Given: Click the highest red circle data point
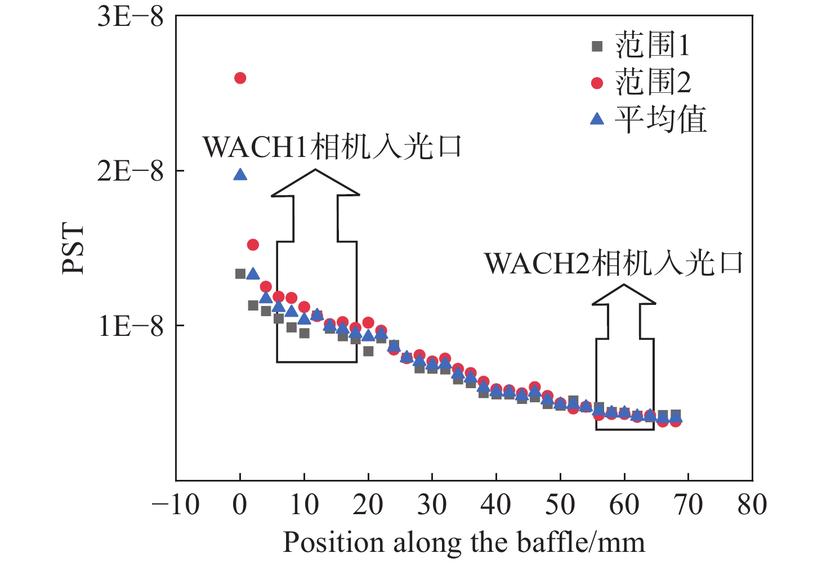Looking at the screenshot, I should (240, 78).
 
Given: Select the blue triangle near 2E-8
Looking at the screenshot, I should (240, 175).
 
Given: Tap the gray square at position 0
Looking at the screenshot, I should (240, 273).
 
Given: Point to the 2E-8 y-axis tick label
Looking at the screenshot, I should (131, 170).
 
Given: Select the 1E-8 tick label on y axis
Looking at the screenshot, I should (131, 326).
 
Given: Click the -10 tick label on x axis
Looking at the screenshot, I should (176, 505).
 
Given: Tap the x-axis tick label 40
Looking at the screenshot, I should (496, 505).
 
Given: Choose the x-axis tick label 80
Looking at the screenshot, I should (752, 505).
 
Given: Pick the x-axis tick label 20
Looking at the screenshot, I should (368, 505).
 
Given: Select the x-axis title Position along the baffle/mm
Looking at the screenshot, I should (464, 542).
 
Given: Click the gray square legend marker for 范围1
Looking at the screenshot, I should (597, 46).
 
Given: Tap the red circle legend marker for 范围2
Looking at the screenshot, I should (597, 83).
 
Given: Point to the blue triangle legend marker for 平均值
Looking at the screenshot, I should (597, 119).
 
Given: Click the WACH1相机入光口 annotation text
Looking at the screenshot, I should (332, 147).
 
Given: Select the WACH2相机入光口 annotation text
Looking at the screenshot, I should (614, 263).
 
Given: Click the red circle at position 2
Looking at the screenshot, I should (253, 245).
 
